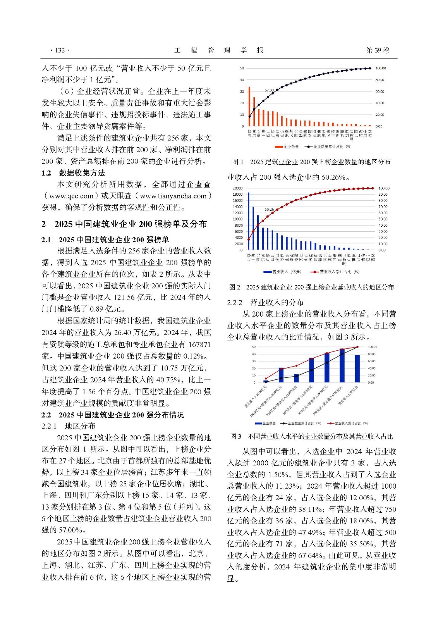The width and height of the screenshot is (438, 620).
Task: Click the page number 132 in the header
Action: coord(60,50)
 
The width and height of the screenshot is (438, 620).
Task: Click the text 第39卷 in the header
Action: coord(378,50)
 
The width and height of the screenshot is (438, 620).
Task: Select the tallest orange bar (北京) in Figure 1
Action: coord(249,106)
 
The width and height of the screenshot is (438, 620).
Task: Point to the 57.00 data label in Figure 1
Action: coord(269,90)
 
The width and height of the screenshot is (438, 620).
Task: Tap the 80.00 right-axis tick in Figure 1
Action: coord(380,80)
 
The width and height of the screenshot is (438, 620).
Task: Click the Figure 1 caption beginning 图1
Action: coord(311,162)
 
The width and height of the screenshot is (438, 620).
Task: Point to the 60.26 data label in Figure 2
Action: coord(269,210)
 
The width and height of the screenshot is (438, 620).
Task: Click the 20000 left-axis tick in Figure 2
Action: coord(237,188)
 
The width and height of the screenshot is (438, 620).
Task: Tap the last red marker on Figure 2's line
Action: coord(373,188)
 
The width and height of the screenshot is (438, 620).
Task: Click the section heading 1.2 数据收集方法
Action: coord(73,173)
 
